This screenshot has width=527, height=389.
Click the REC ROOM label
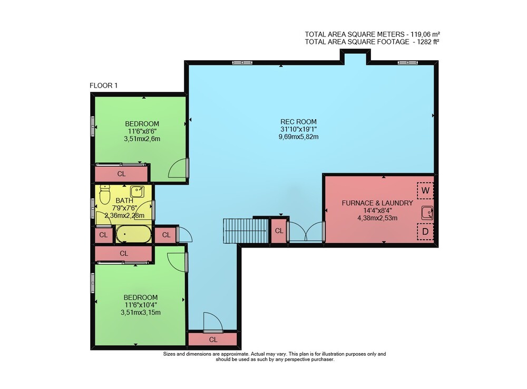coord(298,122)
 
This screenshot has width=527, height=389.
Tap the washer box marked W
coord(425,191)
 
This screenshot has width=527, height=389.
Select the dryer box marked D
coord(425,232)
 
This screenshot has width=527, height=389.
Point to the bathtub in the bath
coord(133,234)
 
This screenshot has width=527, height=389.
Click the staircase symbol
coord(246,231)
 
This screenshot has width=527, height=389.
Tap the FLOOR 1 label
coord(103,86)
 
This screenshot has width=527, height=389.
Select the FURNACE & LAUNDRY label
coord(377,203)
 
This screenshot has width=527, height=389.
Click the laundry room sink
coord(427,213)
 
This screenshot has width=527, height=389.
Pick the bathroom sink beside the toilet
coord(137,192)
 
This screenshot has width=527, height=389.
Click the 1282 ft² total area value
coord(428,42)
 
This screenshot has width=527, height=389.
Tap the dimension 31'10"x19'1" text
coord(298,129)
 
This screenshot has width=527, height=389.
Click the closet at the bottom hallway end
coord(213,339)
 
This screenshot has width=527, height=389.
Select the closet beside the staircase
coord(279,231)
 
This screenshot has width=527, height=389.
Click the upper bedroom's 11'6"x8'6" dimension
coord(142,131)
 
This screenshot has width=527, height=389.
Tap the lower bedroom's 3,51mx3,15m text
coord(141,312)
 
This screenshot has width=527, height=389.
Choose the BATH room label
coord(124,201)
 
